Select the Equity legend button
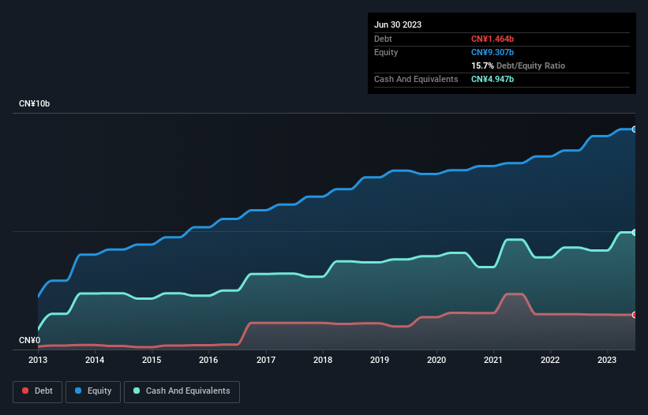[93, 391]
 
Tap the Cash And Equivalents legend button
[182, 391]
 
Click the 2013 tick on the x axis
[38, 361]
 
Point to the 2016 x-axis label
[208, 361]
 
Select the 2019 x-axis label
[380, 361]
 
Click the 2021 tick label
[493, 361]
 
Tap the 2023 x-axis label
[607, 361]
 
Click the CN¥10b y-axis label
[35, 104]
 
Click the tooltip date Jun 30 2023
[398, 24]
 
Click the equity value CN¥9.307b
[493, 52]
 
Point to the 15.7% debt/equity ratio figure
[482, 65]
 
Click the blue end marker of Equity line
[634, 129]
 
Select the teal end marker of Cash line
[634, 232]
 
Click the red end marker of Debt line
[634, 315]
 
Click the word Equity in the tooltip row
[386, 52]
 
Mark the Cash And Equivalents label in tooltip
[416, 80]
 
